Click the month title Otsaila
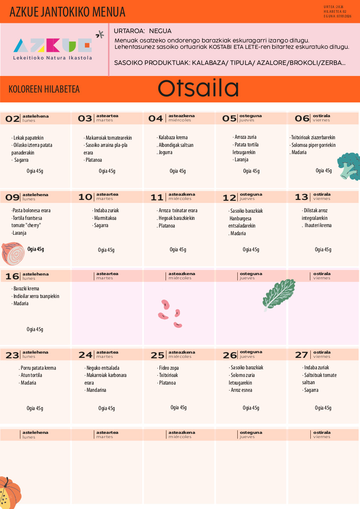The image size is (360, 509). pos(198,89)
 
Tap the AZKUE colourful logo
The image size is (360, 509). pos(53,45)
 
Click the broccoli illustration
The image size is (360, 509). pos(348,166)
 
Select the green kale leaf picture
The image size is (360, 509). pos(278,293)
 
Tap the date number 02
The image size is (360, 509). pos(12,119)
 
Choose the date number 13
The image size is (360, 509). pos(301,197)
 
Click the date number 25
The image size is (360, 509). pos(157,355)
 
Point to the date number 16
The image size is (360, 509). pos(12,277)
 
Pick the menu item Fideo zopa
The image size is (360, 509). pos(169,368)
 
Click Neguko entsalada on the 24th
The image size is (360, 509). pos(102,368)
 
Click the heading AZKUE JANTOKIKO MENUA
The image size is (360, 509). pos(67,12)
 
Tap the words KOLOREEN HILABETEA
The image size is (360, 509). pos(44,89)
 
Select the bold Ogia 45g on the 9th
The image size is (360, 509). pos(36,249)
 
